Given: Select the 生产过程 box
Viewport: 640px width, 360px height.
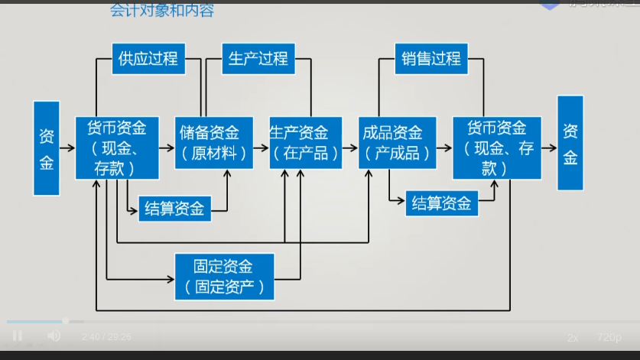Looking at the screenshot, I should pos(258,59).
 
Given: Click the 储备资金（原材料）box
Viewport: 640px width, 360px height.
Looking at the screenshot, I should pos(215,142).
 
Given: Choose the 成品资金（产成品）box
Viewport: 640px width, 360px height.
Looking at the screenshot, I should pos(397,142).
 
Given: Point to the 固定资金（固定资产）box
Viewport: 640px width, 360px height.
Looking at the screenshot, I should pos(224,276).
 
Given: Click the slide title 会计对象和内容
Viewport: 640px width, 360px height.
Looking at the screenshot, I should pos(161,11).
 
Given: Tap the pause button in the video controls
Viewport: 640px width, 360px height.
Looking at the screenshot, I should pos(18,336).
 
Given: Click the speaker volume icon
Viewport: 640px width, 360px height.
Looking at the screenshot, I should pos(54,336).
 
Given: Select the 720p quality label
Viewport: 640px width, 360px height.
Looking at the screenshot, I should pos(609,337).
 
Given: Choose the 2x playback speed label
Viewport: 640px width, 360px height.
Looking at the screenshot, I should pos(573,337).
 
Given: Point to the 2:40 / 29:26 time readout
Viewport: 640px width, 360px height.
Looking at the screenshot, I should pos(106,336).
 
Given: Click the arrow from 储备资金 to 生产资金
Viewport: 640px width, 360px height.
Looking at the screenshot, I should pos(262,148).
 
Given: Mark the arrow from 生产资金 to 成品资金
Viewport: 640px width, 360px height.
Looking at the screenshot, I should pos(349,148).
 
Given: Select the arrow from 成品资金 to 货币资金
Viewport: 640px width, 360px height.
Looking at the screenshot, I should pos(443,148).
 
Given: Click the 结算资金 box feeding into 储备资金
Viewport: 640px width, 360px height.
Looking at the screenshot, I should pos(174,209).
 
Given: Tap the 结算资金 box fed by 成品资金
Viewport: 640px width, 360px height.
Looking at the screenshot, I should pos(441,203).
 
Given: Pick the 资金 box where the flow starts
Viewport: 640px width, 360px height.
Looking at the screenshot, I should pos(47,148).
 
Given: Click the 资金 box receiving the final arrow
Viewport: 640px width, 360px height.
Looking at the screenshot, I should pos(570,143).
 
